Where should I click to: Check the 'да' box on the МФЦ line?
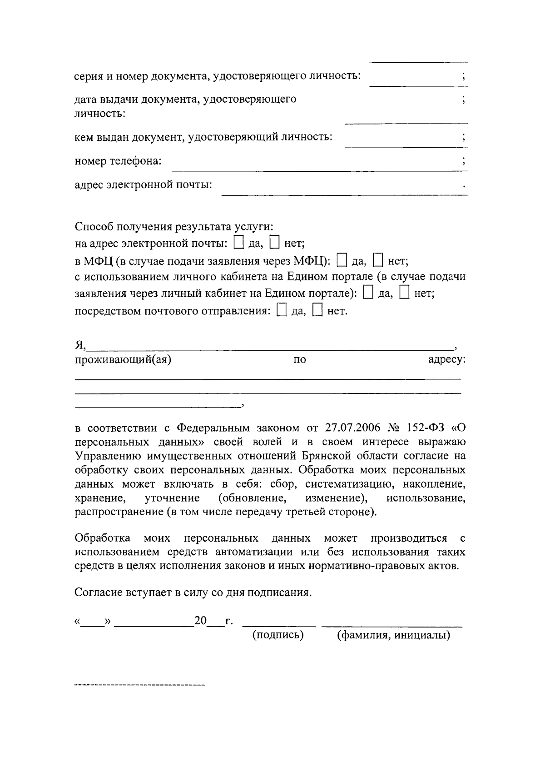pos(342,261)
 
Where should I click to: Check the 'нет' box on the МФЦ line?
pos(378,261)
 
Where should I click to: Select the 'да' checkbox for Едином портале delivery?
pos(369,293)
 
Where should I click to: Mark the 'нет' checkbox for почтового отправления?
pos(318,311)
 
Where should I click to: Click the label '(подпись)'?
pos(278,634)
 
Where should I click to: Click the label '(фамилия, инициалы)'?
pos(393,634)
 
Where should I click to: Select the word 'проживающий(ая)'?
pos(123,360)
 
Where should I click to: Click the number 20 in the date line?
pos(200,620)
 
